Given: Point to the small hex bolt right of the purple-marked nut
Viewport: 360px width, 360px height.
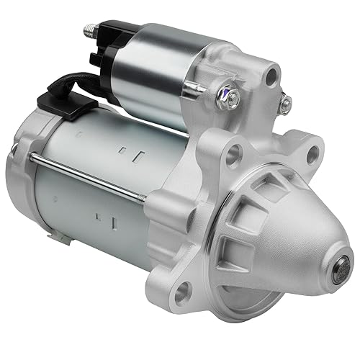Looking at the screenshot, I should pyautogui.click(x=286, y=104).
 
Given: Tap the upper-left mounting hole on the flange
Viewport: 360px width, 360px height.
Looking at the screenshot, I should pyautogui.click(x=233, y=153).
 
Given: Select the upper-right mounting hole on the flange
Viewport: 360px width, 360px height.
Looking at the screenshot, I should pyautogui.click(x=311, y=151).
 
